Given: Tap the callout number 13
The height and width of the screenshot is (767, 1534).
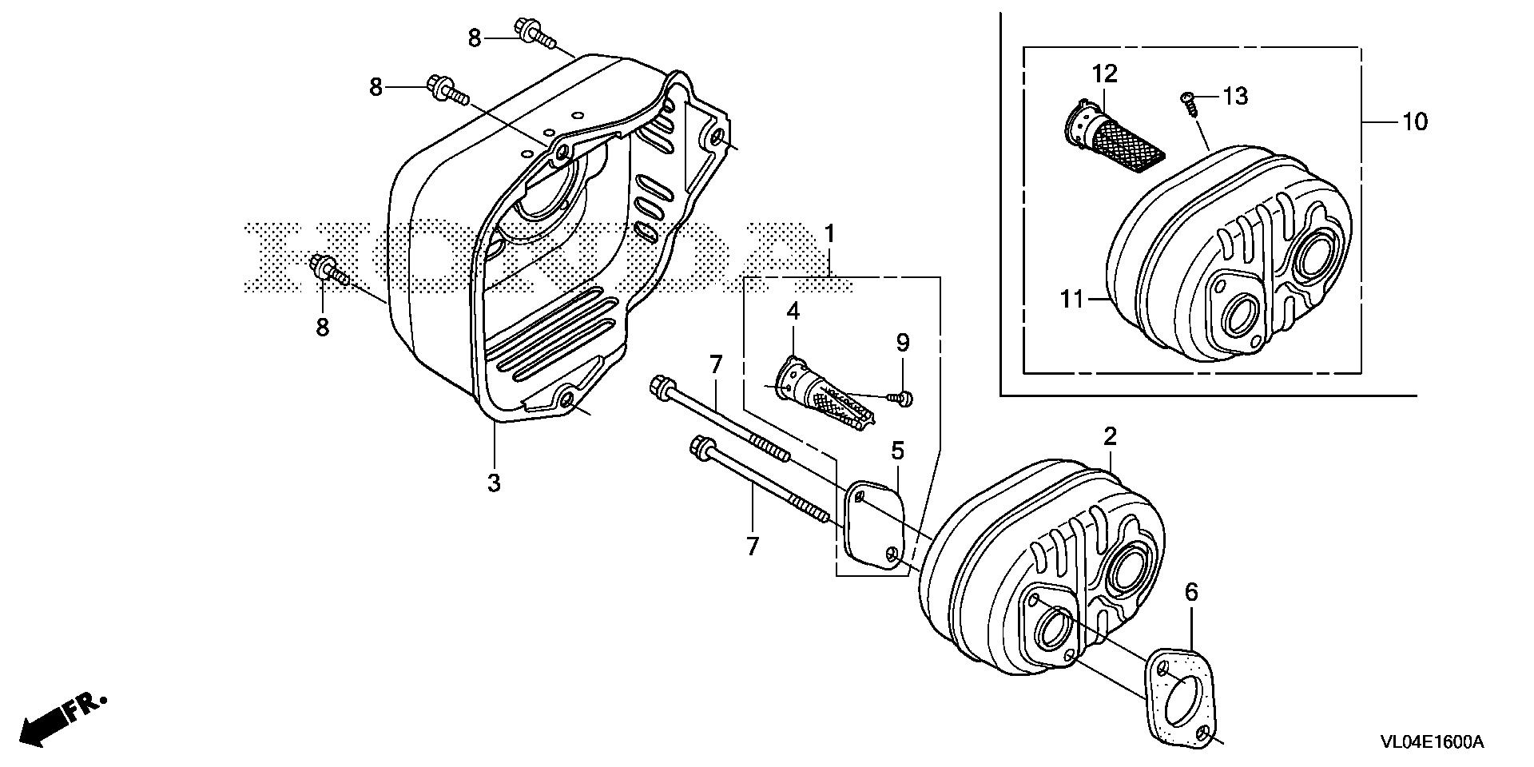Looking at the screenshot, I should pyautogui.click(x=1234, y=97).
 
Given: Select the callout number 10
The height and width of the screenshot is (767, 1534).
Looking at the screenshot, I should pyautogui.click(x=1414, y=122).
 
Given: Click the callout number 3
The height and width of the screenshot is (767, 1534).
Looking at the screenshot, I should pyautogui.click(x=494, y=483).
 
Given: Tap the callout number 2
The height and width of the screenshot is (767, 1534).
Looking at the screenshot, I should pyautogui.click(x=1110, y=436).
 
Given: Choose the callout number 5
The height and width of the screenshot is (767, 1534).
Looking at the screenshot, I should pyautogui.click(x=897, y=451).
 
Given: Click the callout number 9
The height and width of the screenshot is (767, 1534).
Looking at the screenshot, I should pyautogui.click(x=902, y=344).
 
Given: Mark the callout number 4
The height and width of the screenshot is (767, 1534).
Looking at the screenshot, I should pyautogui.click(x=793, y=312).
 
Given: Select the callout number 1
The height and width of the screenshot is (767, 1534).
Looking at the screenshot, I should pyautogui.click(x=830, y=234).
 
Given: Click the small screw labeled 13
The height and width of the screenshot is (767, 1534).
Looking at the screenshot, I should pyautogui.click(x=1187, y=101).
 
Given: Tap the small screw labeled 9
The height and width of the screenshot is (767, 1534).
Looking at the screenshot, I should pyautogui.click(x=904, y=396).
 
